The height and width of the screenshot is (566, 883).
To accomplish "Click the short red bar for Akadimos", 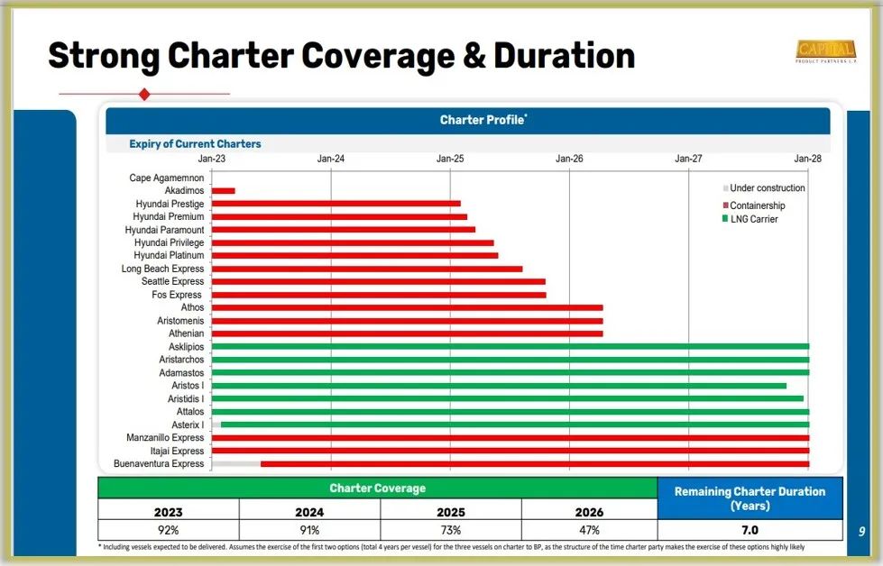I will [223, 191].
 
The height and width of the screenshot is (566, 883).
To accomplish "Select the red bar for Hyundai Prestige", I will [336, 204].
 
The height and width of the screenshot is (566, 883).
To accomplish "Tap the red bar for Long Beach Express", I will [366, 269].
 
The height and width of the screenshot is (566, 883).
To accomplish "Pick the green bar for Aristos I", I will [499, 386].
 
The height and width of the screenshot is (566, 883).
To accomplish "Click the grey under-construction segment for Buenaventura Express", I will [235, 464].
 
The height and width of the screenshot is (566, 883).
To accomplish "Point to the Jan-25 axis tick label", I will [450, 159].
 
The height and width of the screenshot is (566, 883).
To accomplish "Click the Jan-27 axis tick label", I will [688, 159].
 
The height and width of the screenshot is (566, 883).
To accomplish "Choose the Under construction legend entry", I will [764, 188].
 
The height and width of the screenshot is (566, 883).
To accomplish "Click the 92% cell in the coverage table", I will [169, 530].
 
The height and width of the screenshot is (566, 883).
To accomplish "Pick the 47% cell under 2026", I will [589, 530].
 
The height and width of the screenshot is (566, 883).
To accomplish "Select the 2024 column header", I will [309, 512].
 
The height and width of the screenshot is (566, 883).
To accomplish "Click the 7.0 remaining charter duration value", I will [750, 530].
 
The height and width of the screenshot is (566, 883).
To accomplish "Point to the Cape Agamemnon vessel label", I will [166, 178].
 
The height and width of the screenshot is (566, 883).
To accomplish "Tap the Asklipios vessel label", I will [186, 347].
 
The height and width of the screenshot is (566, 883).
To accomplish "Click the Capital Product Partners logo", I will [825, 51].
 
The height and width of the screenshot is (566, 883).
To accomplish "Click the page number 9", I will [861, 532].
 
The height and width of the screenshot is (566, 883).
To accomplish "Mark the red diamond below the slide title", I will [144, 94].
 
